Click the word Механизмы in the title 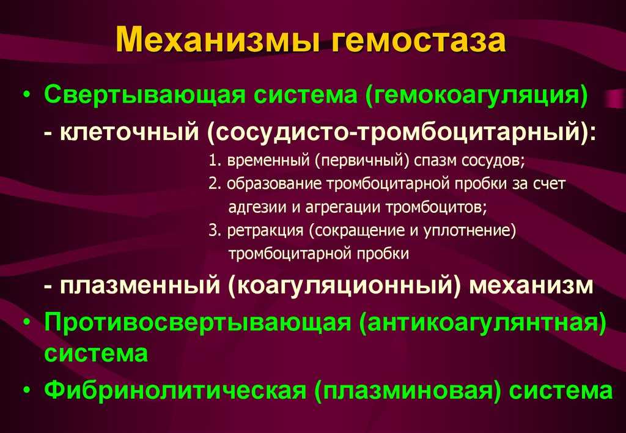point(218,40)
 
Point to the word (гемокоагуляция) point(476,96)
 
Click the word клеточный point(129,133)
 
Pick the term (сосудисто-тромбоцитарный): point(401,133)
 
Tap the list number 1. point(215,161)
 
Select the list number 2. point(215,183)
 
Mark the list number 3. point(215,231)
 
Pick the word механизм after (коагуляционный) point(531,286)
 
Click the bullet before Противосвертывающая point(26,322)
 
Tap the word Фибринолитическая point(174,390)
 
